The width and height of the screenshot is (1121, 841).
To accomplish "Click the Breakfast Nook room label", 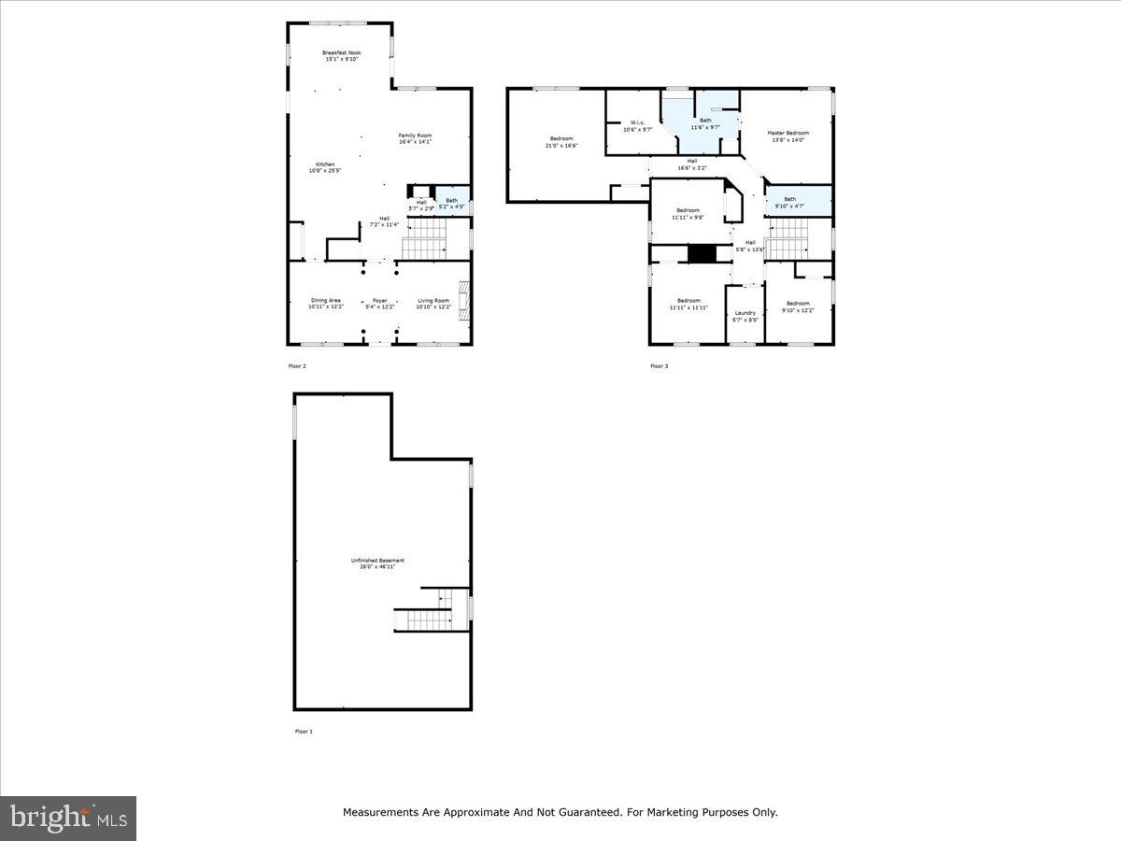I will coord(341,56).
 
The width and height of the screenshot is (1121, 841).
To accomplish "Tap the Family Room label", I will coord(415,138).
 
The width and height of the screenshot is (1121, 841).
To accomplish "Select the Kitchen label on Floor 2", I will coord(324,167).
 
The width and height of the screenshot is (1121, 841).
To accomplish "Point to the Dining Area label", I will coord(326,304).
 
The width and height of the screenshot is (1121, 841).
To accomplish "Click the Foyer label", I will coord(379,304).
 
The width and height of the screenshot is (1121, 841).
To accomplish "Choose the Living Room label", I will coord(433,304).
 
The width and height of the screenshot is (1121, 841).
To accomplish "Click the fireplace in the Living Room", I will coord(463,303).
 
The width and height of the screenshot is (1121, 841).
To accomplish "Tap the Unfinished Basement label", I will coord(377,563).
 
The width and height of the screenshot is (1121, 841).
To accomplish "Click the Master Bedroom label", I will coord(788,135).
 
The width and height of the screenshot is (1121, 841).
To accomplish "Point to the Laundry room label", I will coord(745,316).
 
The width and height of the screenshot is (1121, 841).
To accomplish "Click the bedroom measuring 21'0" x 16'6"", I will coord(561,141).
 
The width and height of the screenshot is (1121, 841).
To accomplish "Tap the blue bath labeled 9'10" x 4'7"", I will coord(790,202).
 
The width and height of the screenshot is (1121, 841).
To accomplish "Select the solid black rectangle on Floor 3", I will coord(701,253).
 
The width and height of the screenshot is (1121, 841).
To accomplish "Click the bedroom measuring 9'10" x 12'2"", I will coord(798,306).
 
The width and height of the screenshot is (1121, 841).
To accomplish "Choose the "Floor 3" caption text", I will coord(659,366).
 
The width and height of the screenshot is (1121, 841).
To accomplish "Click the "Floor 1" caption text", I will coord(304,731).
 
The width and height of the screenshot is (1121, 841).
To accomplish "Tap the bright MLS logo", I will coord(68,819).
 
